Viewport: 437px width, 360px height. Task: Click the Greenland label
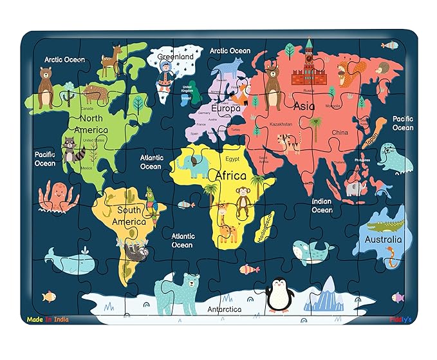175,57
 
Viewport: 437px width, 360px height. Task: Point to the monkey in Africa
243,199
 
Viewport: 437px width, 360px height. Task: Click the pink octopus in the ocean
57,196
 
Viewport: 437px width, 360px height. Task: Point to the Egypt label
232,158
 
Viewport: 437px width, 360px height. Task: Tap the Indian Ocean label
322,205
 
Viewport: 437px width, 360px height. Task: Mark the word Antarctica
225,309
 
